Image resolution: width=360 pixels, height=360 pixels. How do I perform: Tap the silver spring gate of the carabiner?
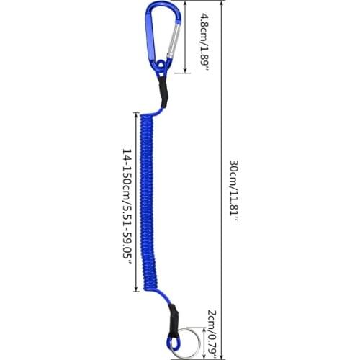(x=174, y=40)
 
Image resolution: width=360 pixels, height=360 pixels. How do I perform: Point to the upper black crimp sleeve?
(x=163, y=92)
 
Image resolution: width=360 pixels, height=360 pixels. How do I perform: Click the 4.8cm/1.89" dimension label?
(x=204, y=41)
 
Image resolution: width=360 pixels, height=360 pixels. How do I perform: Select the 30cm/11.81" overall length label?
(x=234, y=192)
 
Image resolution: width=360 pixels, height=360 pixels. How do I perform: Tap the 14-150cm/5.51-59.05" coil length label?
(x=127, y=207)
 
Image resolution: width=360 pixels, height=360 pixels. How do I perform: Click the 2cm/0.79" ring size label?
(x=212, y=335)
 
